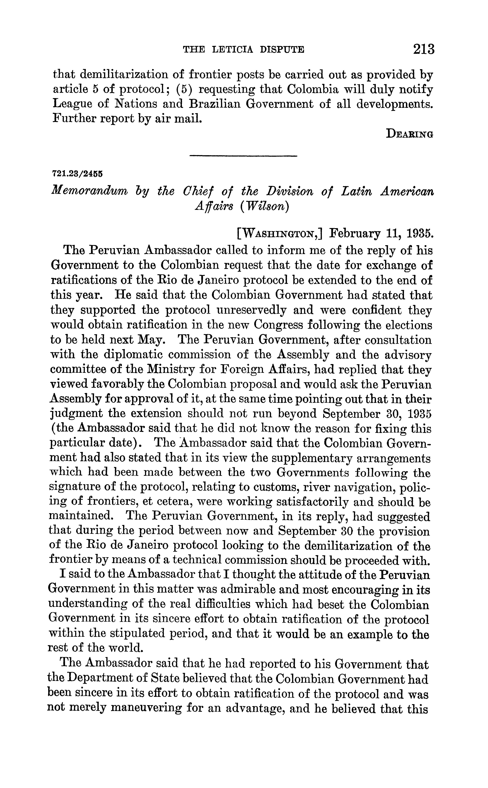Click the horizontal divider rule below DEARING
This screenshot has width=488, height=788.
pos(243,157)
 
